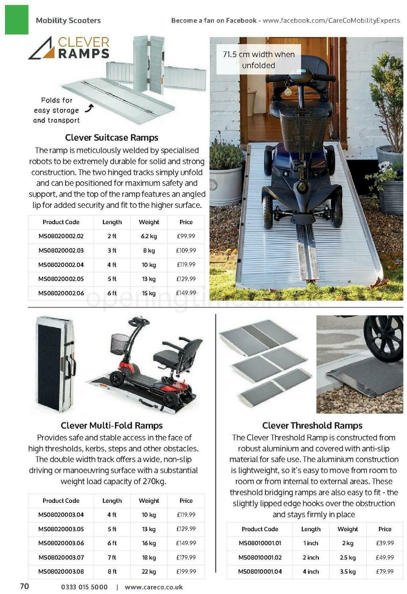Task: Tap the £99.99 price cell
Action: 186,236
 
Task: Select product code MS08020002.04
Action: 61,265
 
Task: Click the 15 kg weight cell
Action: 149,293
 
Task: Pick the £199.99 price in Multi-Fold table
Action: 186,572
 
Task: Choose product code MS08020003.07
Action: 61,557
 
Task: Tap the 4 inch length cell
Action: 311,572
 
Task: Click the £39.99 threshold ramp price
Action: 385,543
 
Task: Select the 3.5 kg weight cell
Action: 348,572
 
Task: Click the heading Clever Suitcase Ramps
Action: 112,138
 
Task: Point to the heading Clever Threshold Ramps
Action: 312,425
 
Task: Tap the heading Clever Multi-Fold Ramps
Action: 112,425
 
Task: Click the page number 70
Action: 24,587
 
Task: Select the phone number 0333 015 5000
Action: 84,587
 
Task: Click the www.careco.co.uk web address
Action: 154,587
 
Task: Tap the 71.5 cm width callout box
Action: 258,60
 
